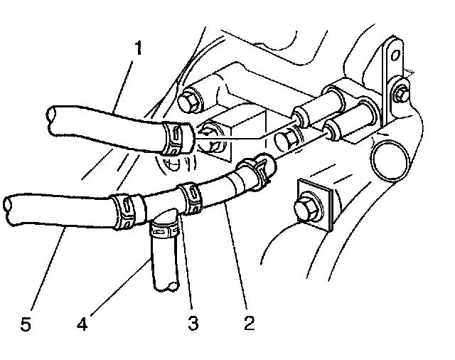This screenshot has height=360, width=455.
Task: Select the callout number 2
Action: [248, 323]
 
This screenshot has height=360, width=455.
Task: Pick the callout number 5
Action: [26, 324]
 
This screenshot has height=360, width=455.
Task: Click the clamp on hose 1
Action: [176, 139]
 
